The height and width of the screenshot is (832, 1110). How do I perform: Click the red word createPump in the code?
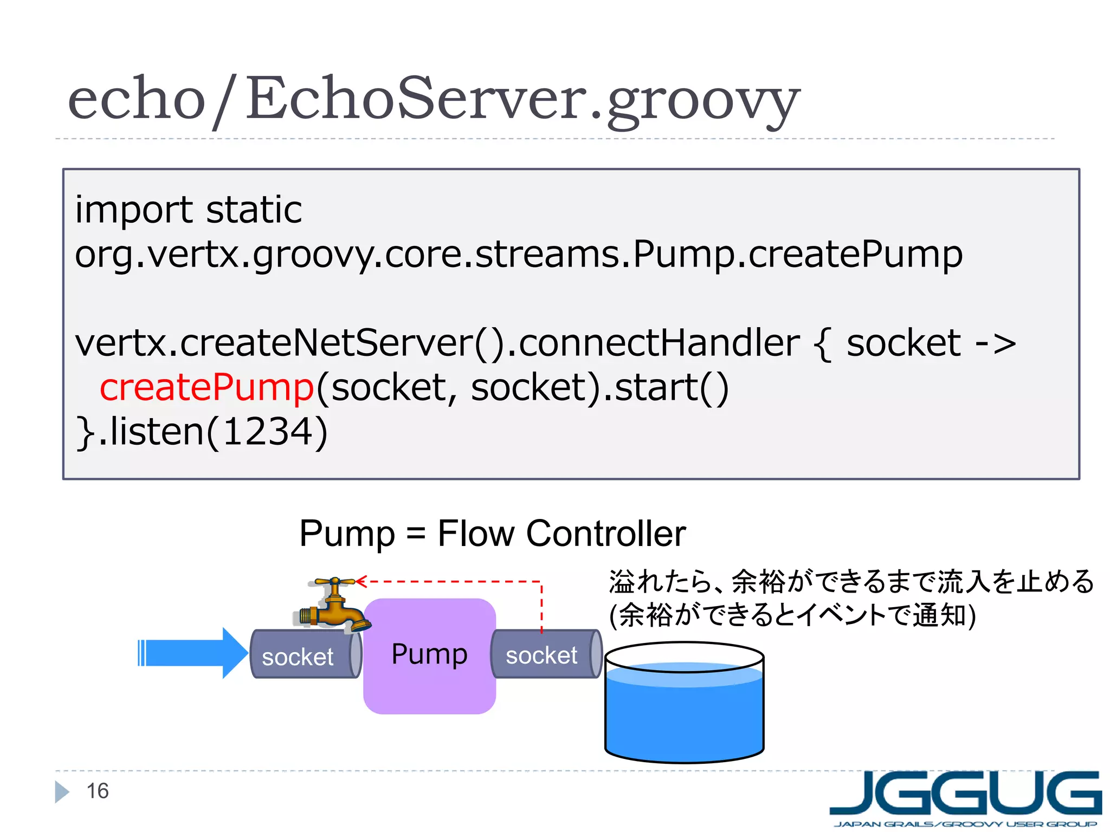click(206, 387)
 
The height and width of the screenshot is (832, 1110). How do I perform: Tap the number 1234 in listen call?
click(268, 432)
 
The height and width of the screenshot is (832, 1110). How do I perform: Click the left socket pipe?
click(304, 654)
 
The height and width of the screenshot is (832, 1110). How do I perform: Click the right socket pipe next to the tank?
click(545, 654)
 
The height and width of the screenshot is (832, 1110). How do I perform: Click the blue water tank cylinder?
click(684, 710)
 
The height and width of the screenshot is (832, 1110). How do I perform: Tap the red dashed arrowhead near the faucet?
click(361, 582)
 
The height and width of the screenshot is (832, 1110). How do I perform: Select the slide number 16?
click(98, 791)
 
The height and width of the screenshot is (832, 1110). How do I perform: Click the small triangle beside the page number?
click(61, 791)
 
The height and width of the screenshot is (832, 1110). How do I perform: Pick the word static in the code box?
click(254, 210)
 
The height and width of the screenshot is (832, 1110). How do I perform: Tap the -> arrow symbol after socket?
click(995, 344)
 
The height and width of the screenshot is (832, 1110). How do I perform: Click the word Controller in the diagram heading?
click(605, 534)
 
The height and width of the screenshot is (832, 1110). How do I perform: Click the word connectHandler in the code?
click(659, 343)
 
